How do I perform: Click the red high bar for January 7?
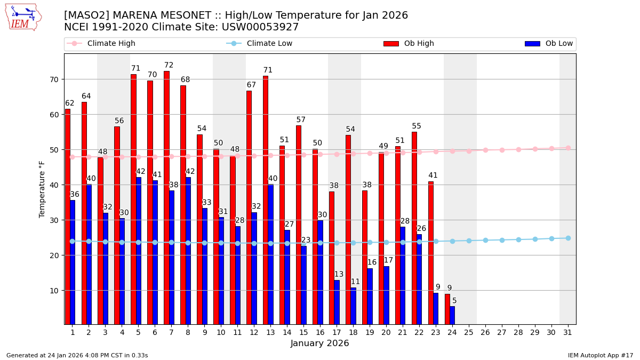166,197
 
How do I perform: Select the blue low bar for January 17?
337,302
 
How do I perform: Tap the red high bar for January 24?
447,309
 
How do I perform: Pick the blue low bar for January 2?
89,254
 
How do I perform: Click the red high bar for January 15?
299,225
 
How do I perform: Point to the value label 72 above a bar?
169,66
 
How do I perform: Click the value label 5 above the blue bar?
454,301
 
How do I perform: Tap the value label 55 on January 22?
417,126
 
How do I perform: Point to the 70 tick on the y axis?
55,79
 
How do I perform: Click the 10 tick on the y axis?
55,291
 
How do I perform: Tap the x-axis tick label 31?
567,332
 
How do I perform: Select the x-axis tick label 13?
270,332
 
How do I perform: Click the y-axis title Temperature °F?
42,189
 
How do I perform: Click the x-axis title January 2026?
319,343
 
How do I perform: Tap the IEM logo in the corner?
23,17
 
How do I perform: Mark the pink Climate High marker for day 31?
567,148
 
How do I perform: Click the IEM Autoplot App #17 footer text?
600,355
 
